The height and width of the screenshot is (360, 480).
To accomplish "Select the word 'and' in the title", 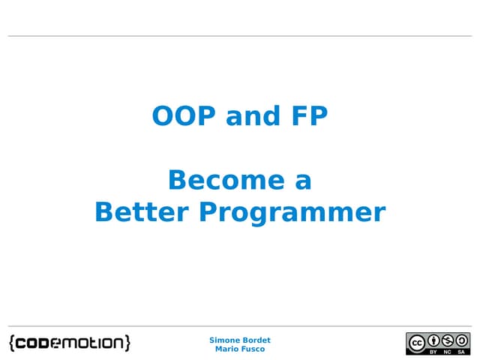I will [243, 117].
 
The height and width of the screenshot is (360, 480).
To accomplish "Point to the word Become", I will [216, 180].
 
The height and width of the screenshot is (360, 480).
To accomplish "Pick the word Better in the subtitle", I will [142, 212].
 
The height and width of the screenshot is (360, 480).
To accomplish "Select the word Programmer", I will [292, 214].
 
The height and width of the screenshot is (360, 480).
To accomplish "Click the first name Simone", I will [223, 340].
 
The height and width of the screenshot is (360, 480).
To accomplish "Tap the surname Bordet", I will [256, 340].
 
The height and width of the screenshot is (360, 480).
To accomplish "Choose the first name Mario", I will [227, 349].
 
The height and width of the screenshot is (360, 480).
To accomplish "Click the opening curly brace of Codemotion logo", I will [13, 343].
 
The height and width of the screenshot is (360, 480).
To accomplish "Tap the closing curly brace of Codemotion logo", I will [127, 343].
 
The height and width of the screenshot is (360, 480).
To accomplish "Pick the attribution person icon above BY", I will [434, 340].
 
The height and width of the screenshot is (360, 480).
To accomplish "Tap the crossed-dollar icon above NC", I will [448, 340].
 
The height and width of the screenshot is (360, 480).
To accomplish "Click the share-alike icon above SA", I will [461, 340].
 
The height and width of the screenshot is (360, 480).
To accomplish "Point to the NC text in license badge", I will [448, 350].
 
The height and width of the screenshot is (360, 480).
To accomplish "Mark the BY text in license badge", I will [434, 350].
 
